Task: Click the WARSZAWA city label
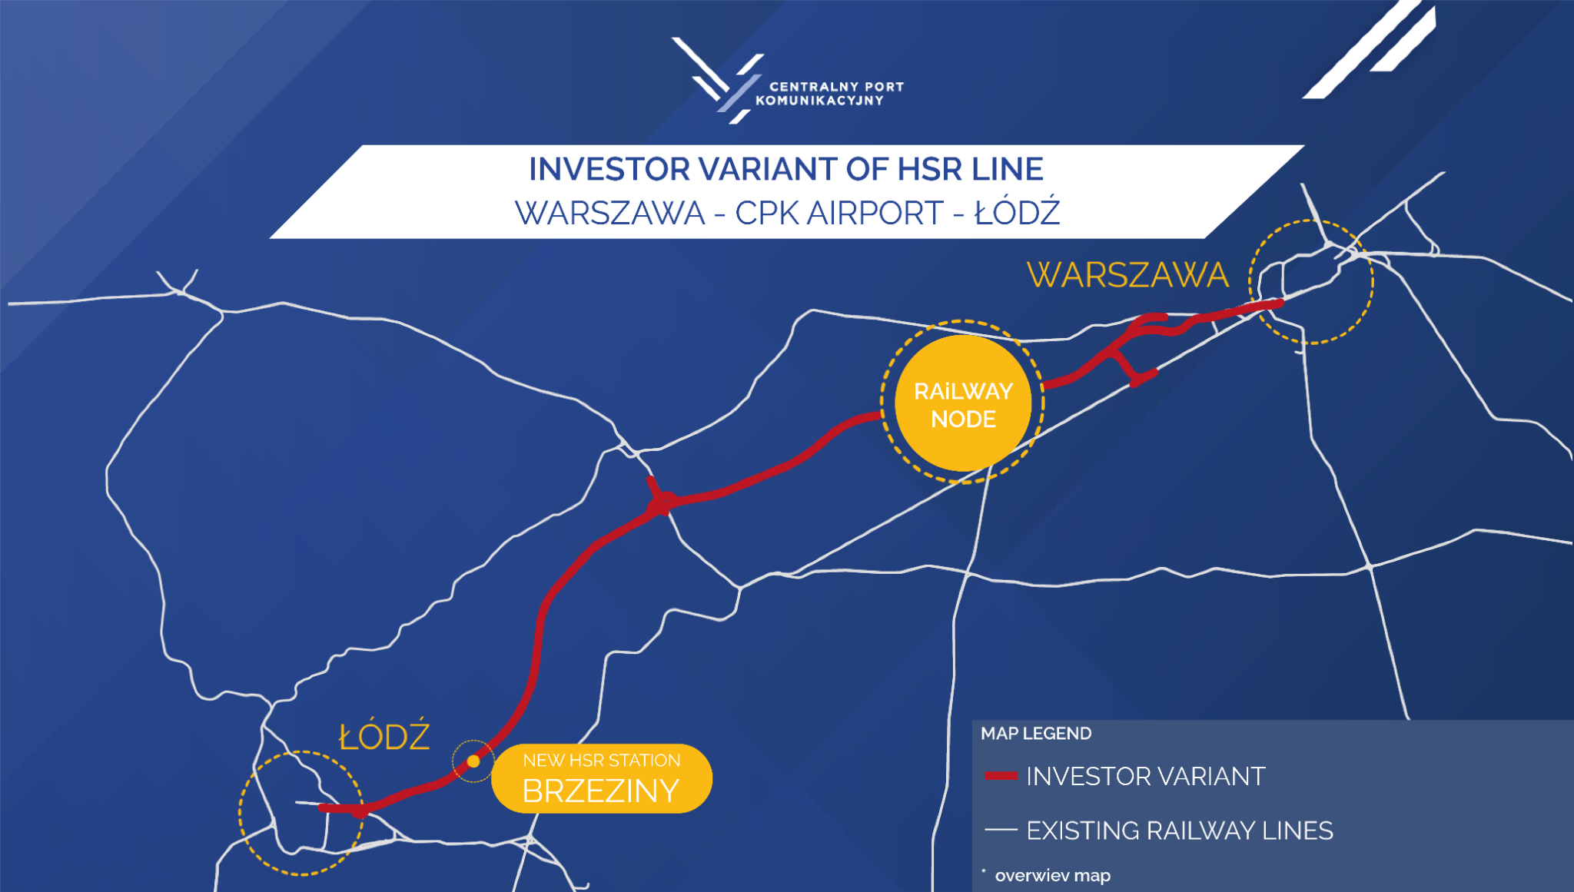[1127, 275]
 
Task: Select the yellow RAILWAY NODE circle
[963, 403]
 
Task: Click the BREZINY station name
[601, 791]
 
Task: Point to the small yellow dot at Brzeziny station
[473, 761]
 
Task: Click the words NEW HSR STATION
[602, 760]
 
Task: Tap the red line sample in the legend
[1001, 776]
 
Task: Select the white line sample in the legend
[1001, 830]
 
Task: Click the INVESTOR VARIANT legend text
[1145, 776]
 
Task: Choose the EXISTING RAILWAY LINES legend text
[1180, 831]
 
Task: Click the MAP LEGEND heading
[1036, 734]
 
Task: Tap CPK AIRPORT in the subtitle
[838, 213]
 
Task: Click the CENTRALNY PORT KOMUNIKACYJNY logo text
[829, 94]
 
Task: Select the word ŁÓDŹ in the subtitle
[1018, 212]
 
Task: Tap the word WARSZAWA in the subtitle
[609, 213]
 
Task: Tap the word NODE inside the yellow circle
[963, 419]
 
